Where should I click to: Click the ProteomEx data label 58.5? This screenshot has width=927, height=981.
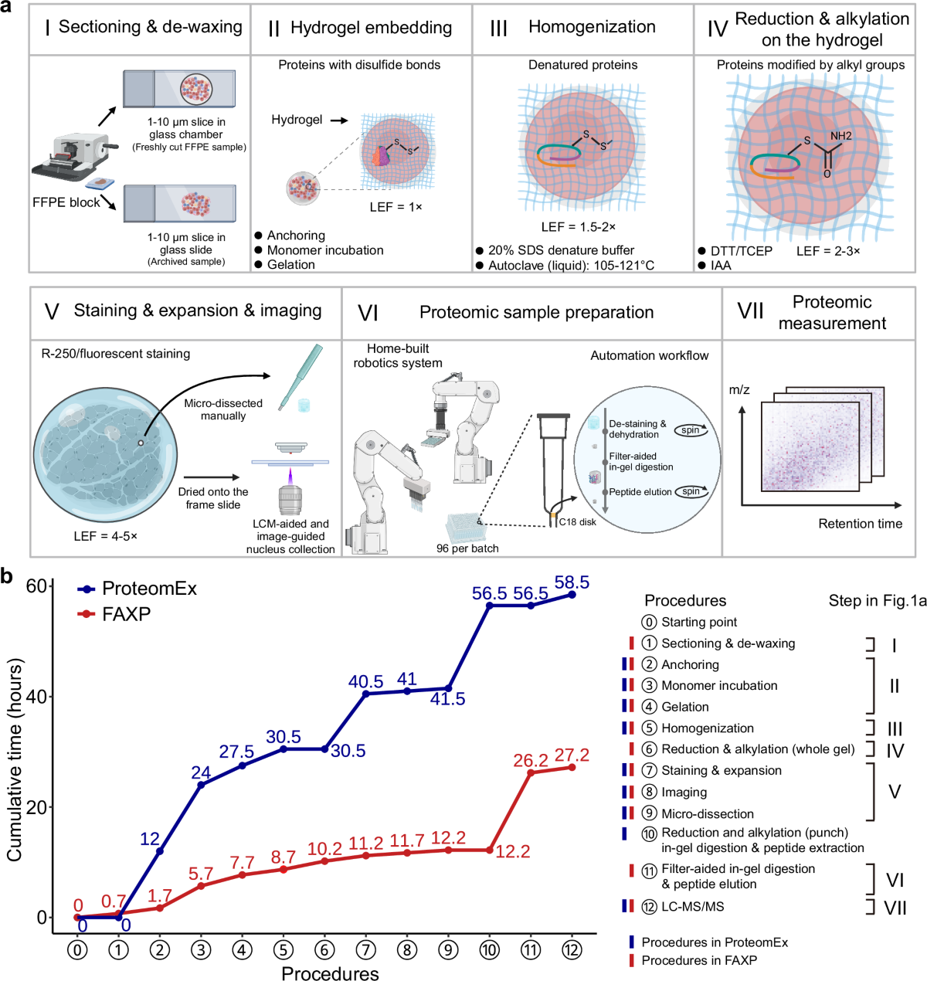572,582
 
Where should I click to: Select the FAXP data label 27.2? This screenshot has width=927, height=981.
572,755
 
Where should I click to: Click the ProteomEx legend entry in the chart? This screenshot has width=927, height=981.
149,589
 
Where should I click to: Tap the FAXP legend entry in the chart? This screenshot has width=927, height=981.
126,614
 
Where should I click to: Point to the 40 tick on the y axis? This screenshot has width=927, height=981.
36,696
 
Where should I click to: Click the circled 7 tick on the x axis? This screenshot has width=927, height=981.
366,949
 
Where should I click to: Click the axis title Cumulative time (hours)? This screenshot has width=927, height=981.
15,759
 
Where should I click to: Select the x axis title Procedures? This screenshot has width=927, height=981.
330,973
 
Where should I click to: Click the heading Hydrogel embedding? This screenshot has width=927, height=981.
371,28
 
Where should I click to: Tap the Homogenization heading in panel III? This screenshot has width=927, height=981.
592,27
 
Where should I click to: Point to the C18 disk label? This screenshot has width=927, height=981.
577,522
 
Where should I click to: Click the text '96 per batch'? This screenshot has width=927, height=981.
467,548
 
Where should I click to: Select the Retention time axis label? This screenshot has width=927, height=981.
860,524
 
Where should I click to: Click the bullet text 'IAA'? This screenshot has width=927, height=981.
721,265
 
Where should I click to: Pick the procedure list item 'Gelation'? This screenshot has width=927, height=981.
684,707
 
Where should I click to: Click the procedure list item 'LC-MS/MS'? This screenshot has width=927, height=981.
692,906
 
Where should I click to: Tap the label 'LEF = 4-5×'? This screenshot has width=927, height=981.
105,536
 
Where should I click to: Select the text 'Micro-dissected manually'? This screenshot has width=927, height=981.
223,409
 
